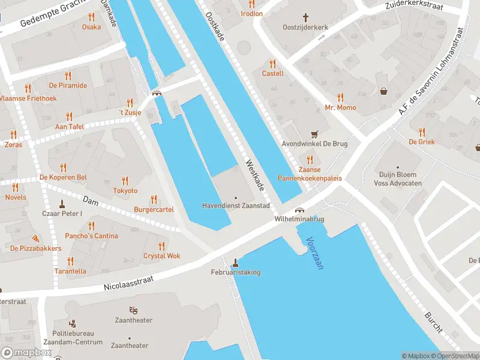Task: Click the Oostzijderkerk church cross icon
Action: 305,18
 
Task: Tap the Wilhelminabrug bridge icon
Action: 299,211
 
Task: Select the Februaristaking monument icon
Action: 235,262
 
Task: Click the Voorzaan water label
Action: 314,253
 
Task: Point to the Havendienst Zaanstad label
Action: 235,206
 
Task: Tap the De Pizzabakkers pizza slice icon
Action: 35,238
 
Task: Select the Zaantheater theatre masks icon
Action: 133,310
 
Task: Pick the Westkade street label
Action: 254,175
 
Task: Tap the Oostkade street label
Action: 214,27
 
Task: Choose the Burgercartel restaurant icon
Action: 154,200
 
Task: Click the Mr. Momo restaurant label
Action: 340,107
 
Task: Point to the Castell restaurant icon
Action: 272,63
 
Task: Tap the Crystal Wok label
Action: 161,256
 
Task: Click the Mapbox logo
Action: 26,353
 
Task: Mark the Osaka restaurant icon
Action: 91,17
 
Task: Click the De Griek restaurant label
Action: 421,142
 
